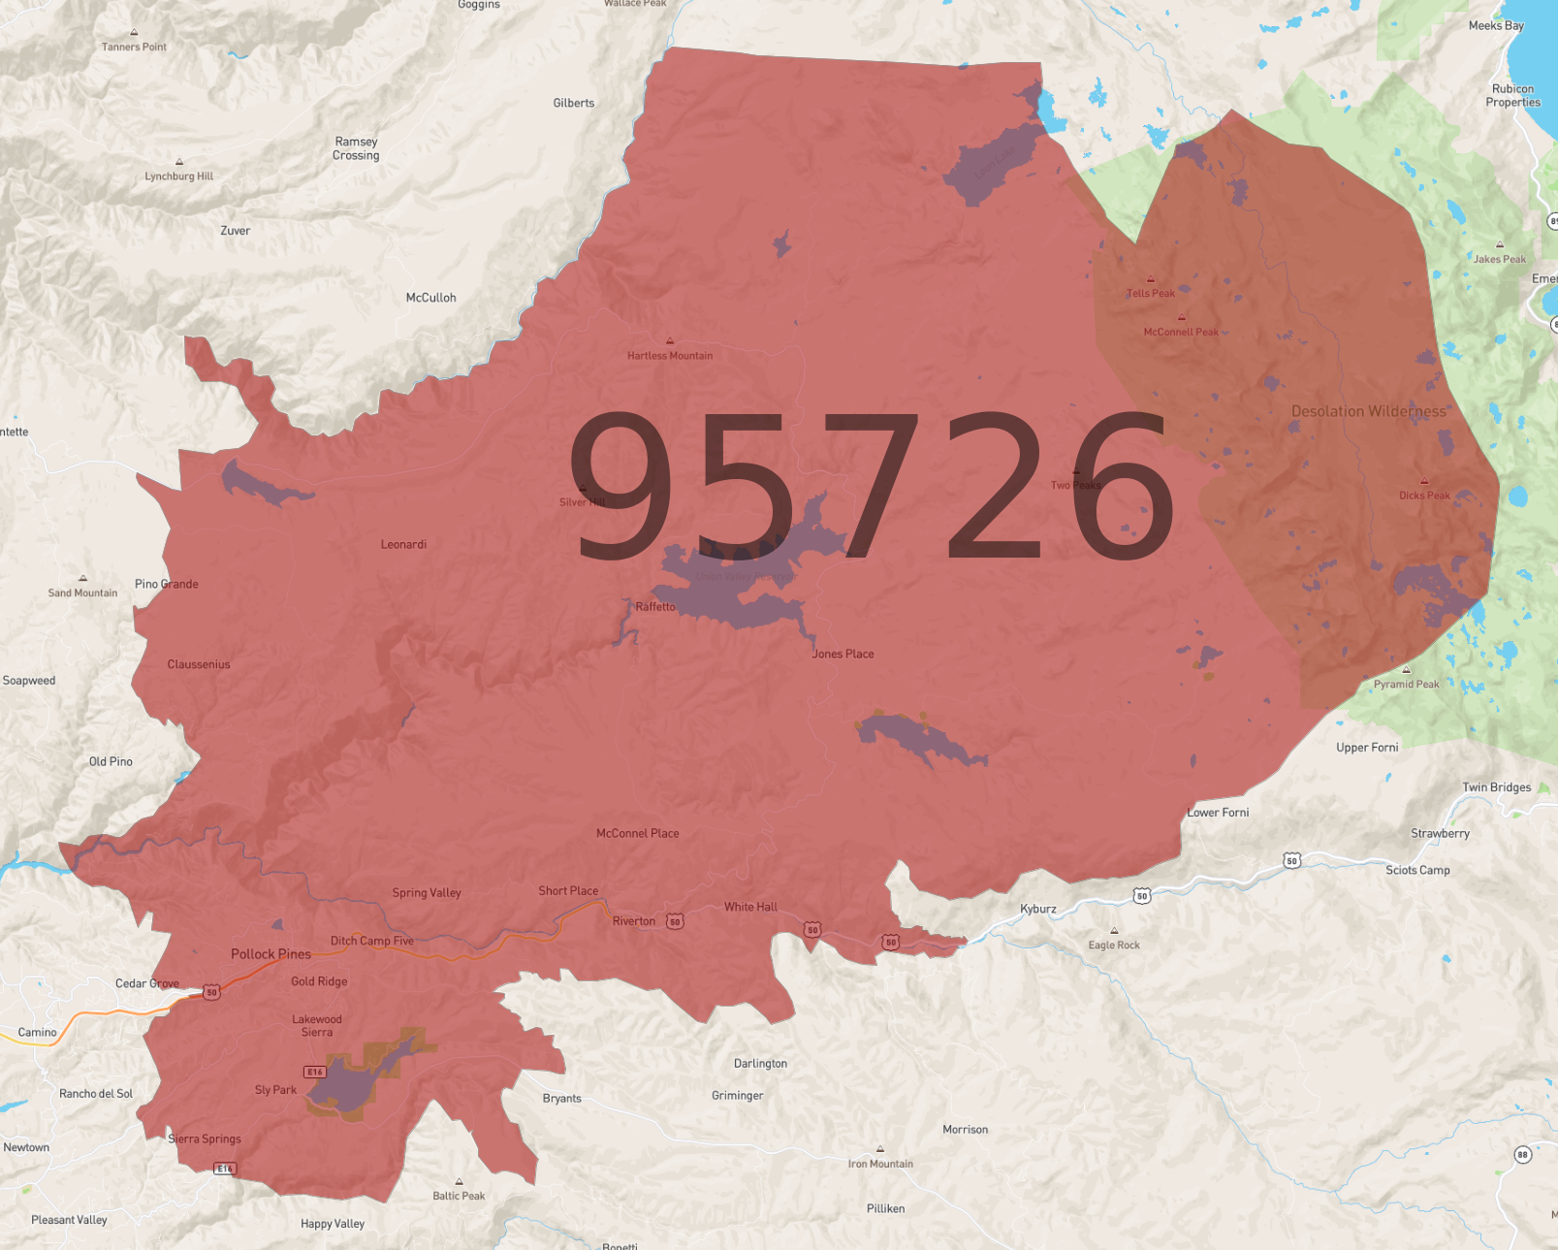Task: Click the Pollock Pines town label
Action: coord(270,954)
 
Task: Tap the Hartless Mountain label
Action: coord(669,356)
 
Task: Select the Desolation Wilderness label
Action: coord(1368,411)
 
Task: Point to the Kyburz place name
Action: coord(1037,909)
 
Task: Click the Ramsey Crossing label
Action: coord(356,148)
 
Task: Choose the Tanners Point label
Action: coord(134,47)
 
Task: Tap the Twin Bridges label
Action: coord(1496,787)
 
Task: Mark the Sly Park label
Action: coord(275,1090)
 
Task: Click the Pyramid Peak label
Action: coord(1406,684)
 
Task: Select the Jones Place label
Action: coord(843,654)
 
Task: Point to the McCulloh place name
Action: coord(430,298)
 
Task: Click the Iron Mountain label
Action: coord(880,1164)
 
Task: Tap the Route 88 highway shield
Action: coord(1522,1154)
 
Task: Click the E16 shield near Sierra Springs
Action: coord(224,1169)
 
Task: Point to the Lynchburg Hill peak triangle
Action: coord(179,162)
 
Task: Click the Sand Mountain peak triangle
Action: coord(83,579)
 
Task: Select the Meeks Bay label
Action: coord(1495,25)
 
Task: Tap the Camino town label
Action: coord(37,1032)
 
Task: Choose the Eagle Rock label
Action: coord(1113,945)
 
